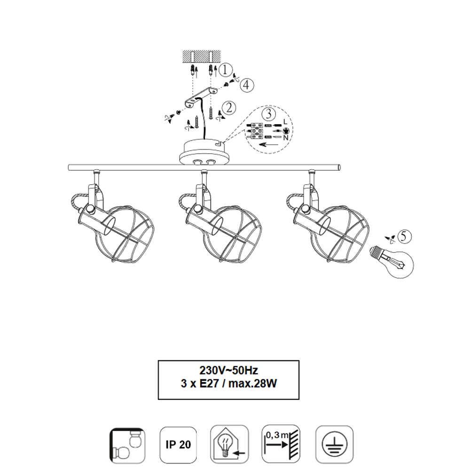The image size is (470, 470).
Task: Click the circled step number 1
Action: tap(226, 70)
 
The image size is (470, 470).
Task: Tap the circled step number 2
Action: tap(229, 108)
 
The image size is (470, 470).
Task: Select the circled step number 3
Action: tap(268, 114)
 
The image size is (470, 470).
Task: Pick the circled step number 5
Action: tap(404, 236)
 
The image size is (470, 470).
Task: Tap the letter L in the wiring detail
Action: tap(285, 122)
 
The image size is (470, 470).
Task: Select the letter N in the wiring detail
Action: tap(286, 138)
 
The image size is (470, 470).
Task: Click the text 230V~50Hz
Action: tap(229, 370)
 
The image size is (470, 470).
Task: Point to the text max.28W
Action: tap(253, 384)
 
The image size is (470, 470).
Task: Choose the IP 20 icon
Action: tap(178, 445)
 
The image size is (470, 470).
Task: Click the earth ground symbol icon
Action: tap(335, 444)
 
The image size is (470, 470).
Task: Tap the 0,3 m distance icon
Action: tap(281, 444)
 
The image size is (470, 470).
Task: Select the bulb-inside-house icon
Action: tap(230, 444)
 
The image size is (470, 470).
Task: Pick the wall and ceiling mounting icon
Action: tap(127, 446)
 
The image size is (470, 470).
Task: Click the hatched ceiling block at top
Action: tap(202, 56)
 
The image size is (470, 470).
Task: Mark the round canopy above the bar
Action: tap(205, 152)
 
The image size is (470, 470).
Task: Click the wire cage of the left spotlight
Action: tap(126, 234)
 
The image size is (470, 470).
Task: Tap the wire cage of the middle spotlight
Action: tap(234, 234)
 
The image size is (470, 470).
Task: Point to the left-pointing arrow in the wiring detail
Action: tap(268, 145)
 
